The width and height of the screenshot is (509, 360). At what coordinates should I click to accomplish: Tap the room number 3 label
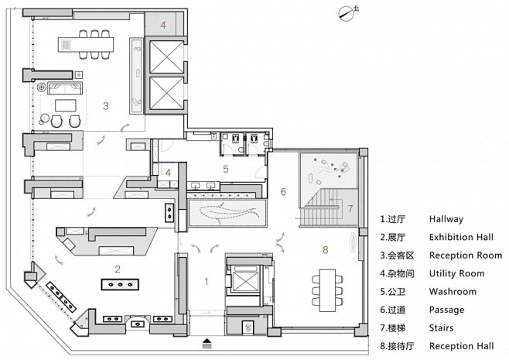click(x=105, y=106)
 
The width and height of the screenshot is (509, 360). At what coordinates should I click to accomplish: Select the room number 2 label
click(x=118, y=269)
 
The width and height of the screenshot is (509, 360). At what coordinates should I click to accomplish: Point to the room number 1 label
click(x=206, y=281)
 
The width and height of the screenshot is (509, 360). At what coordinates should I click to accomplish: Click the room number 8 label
click(x=325, y=249)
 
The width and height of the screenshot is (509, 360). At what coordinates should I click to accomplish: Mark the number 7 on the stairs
click(x=350, y=208)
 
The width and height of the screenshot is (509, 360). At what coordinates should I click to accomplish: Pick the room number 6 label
click(x=283, y=192)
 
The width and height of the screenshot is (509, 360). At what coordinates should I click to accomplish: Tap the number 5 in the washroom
click(x=226, y=169)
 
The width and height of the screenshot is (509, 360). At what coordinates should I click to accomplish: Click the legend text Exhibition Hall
click(x=461, y=237)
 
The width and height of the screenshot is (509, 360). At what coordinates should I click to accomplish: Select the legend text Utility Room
click(x=456, y=273)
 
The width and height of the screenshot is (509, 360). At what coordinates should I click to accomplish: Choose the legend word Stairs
click(x=441, y=327)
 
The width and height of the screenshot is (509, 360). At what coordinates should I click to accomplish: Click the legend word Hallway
click(x=446, y=219)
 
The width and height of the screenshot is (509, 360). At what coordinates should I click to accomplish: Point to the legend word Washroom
click(x=453, y=291)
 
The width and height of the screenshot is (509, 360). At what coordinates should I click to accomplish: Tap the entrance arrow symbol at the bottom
click(x=207, y=343)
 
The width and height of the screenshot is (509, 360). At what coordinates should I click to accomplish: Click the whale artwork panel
click(x=227, y=213)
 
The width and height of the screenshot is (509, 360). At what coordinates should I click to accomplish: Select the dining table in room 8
click(x=327, y=290)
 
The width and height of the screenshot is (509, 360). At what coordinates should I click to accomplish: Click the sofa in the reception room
click(x=65, y=88)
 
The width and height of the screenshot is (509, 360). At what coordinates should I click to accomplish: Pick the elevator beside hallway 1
click(x=244, y=281)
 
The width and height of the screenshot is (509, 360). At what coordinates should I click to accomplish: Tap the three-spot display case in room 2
click(x=120, y=285)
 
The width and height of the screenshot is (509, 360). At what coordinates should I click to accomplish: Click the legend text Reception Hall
click(x=461, y=346)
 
